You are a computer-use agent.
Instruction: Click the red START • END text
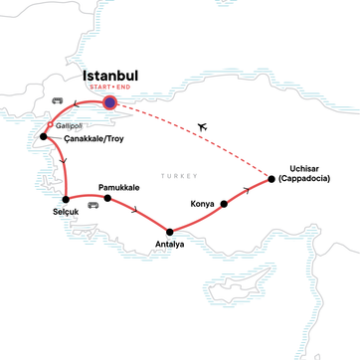(x=110, y=88)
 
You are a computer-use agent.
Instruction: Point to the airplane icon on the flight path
(x=205, y=127)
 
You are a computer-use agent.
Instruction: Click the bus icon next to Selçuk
(x=92, y=206)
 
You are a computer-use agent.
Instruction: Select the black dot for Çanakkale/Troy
(x=44, y=137)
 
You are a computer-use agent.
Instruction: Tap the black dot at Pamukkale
(x=107, y=198)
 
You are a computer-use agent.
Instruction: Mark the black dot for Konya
(x=225, y=204)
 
